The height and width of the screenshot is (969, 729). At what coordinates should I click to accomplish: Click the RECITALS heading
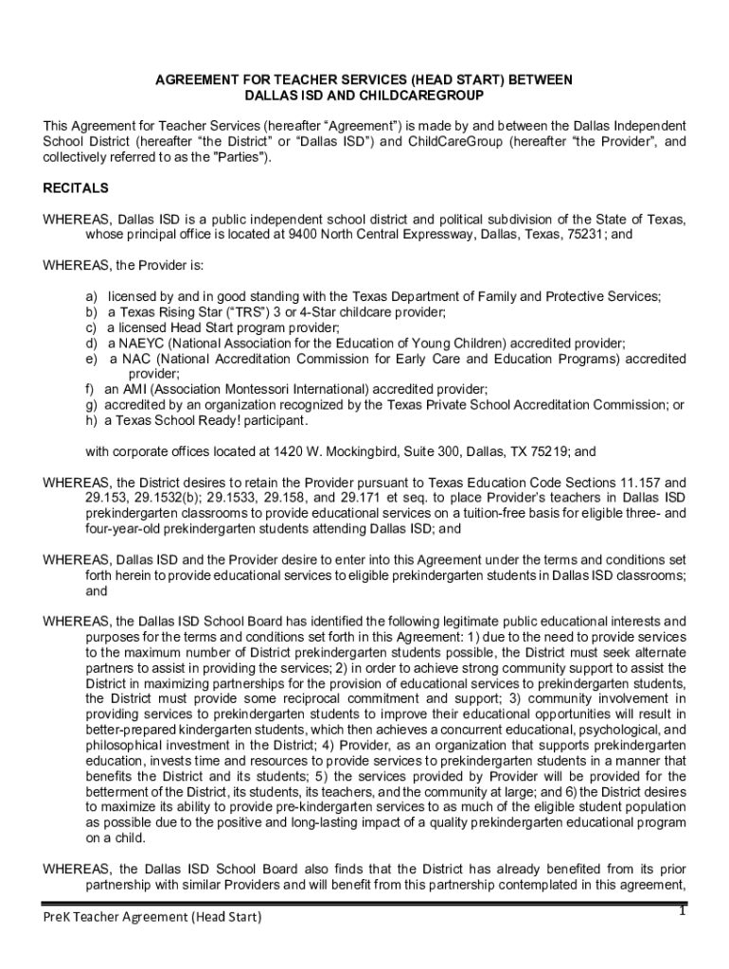pyautogui.click(x=76, y=188)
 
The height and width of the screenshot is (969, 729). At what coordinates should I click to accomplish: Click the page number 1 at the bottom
pyautogui.click(x=681, y=911)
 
